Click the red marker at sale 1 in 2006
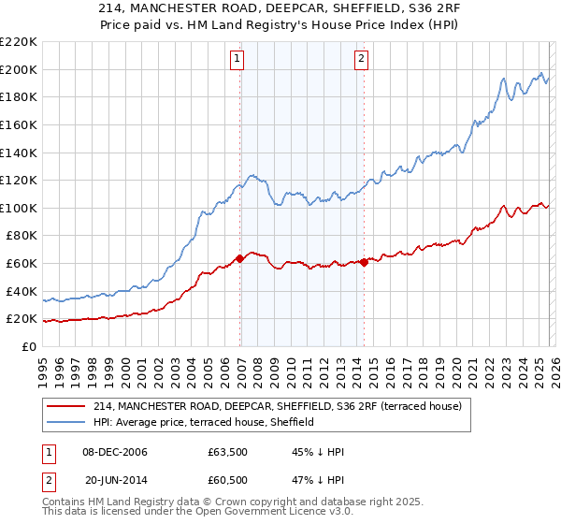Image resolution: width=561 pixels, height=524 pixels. [x=239, y=258]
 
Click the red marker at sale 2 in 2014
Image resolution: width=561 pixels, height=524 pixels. [x=364, y=262]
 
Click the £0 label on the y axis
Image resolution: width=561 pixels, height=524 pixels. [x=28, y=346]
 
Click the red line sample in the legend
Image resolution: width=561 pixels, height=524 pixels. [x=68, y=407]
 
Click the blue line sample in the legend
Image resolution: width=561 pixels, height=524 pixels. [x=68, y=423]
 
